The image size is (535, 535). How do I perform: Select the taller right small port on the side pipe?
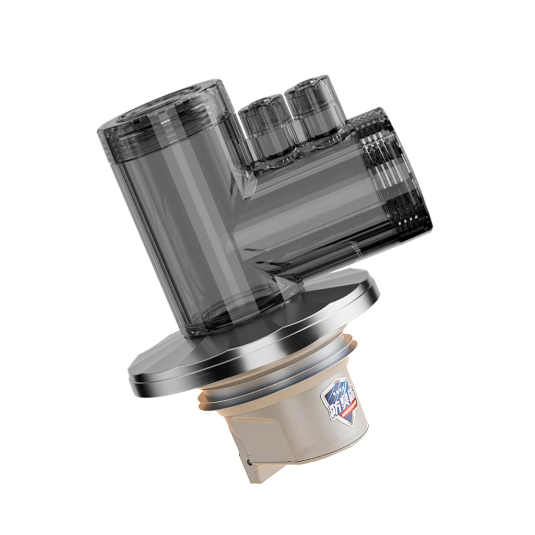click(310, 110)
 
